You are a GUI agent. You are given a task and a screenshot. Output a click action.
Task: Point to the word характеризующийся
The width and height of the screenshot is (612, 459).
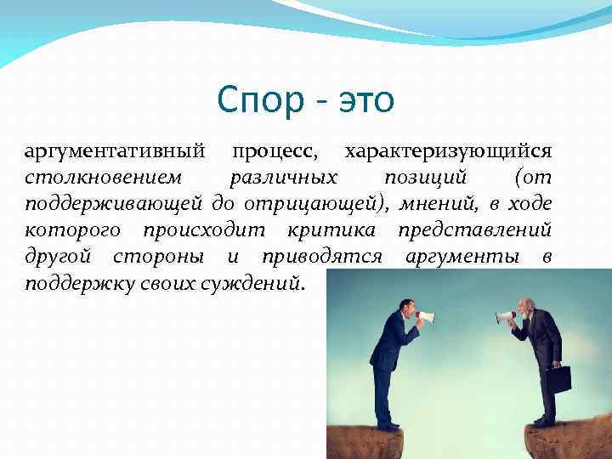[x=448, y=151]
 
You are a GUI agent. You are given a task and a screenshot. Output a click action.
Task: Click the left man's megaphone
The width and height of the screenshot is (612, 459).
[x=425, y=317]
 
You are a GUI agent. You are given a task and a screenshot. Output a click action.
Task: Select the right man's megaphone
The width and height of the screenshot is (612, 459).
[x=506, y=317]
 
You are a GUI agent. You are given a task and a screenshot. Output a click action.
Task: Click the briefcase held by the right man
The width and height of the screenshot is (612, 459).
[x=558, y=378]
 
